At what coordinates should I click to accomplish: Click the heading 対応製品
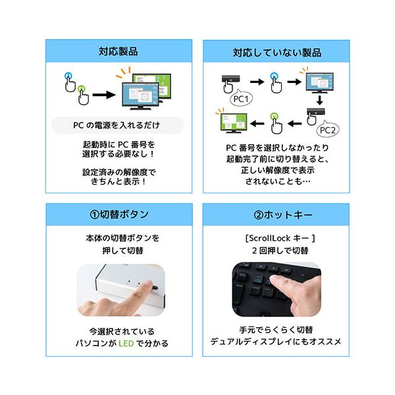coord(118,51)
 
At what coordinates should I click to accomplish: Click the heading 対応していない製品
coord(276,51)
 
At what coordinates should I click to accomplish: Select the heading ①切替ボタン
coord(118,215)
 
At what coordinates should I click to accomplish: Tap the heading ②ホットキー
coord(276,215)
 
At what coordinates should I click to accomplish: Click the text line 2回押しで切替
coord(276,251)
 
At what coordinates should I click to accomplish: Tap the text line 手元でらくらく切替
coord(276,330)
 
